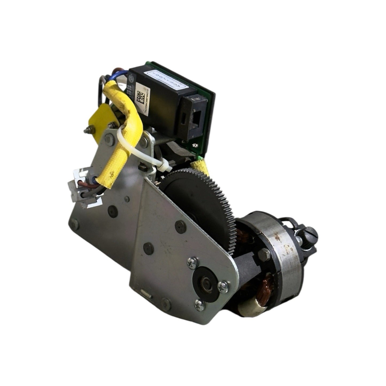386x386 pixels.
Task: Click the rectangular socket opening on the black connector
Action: [197, 116]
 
